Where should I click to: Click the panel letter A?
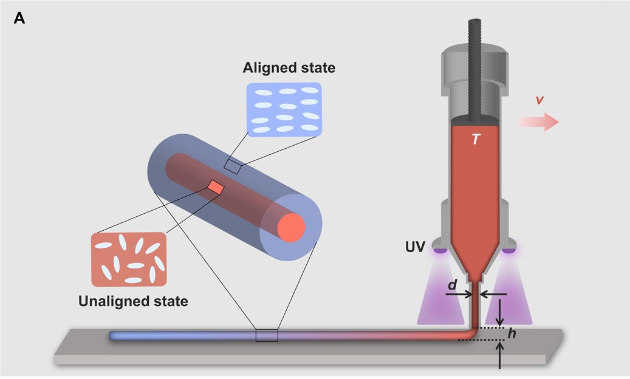point(19,19)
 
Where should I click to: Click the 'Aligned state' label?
point(289,67)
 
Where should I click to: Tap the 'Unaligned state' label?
point(133,301)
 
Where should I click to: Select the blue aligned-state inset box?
point(284,109)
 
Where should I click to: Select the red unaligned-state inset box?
point(128,259)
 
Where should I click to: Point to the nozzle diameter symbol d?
point(453,284)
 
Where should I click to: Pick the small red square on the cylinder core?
point(216,187)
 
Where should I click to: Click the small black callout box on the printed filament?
point(266,335)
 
